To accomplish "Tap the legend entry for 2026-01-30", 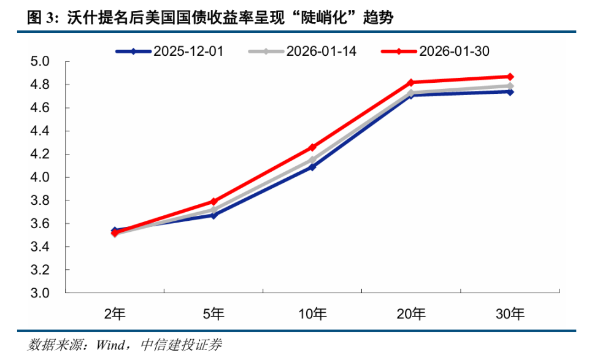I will coord(435,52).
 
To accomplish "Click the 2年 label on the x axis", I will coord(115,314).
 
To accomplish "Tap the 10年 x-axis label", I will coord(312,314).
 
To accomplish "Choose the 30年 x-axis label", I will coord(510,314).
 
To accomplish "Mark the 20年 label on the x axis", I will coord(411,314).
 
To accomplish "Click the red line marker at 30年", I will coord(510,77).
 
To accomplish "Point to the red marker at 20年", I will coord(411,82).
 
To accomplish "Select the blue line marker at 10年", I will coord(312,167).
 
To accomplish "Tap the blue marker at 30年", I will coord(510,92).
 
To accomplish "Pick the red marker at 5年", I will coord(214,201).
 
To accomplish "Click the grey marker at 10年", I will coord(312,159).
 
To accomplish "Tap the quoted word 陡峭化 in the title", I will coord(323,18).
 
